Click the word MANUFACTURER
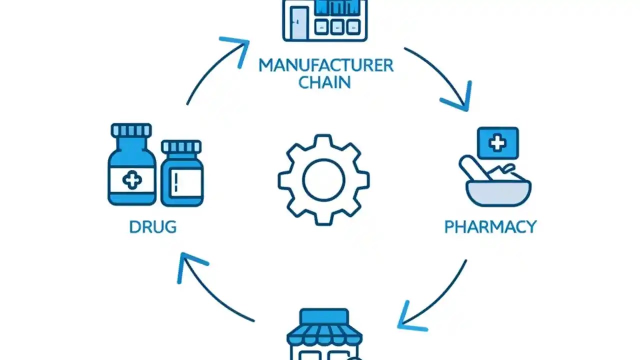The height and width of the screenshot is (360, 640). pos(325,65)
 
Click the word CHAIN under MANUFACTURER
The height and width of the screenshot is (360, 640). pos(324,82)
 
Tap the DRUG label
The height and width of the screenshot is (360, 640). pos(152,227)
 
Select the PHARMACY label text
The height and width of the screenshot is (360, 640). pos(490,227)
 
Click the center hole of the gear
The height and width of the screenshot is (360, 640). pos(324,179)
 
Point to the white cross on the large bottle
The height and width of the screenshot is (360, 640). pos(132,180)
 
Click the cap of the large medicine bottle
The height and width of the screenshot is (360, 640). pos(131,131)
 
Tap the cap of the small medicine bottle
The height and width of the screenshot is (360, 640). pos(181,146)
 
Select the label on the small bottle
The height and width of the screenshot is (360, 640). pos(182,182)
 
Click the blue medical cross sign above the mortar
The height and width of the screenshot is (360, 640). pos(497,143)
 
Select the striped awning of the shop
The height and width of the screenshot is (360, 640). pos(324,333)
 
